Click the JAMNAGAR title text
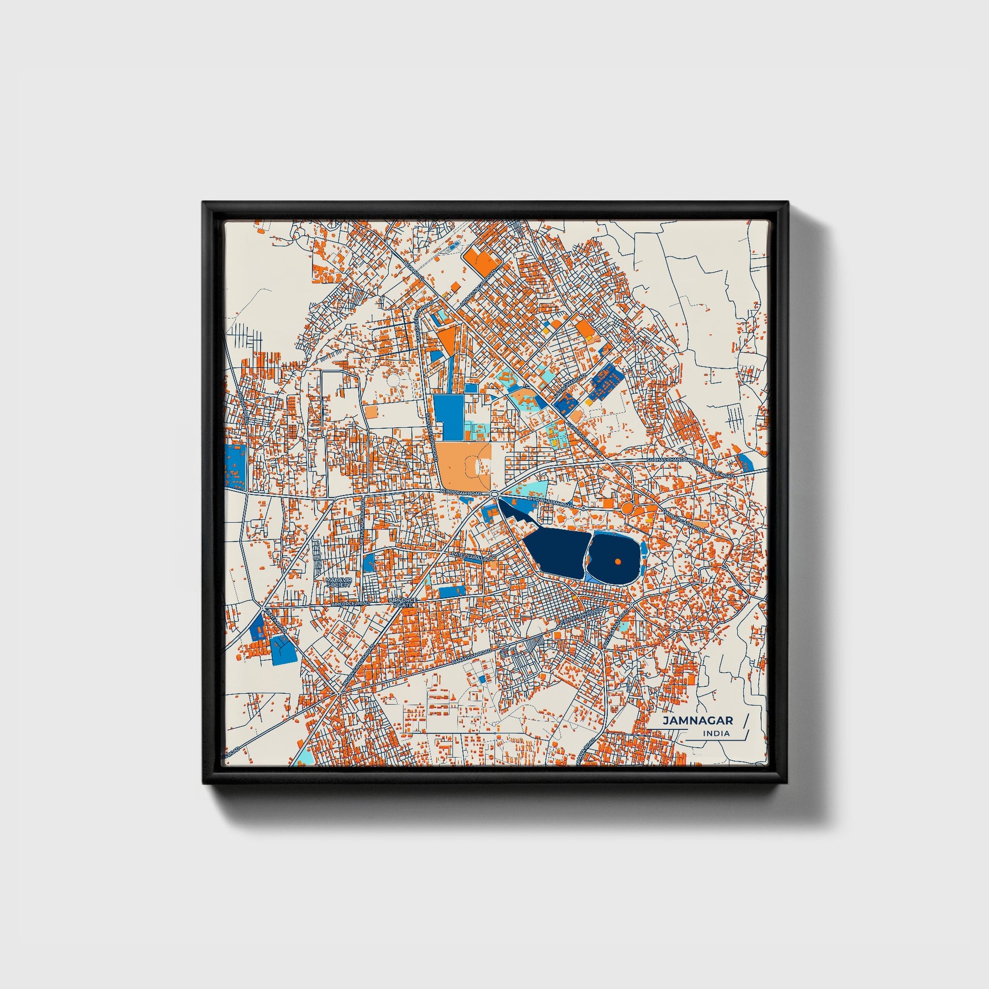(698, 720)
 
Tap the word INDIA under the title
(717, 733)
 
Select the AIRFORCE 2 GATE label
(404, 602)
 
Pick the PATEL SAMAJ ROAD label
(474, 556)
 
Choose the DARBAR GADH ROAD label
(685, 520)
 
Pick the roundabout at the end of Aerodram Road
(494, 493)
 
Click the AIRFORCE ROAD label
(350, 604)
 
